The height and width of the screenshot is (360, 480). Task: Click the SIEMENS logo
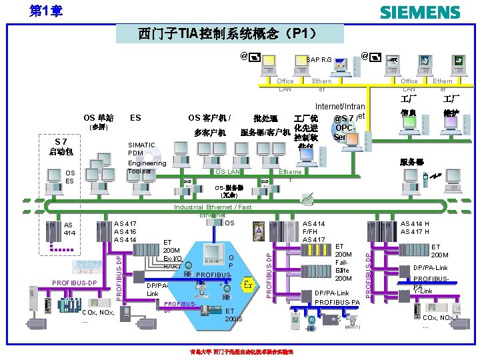click(x=419, y=12)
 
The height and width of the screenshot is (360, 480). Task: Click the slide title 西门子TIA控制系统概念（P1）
click(x=229, y=33)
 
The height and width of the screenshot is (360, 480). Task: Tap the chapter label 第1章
click(x=47, y=11)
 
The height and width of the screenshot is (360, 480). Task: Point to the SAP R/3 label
click(x=319, y=60)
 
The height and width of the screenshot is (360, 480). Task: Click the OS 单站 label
click(x=98, y=118)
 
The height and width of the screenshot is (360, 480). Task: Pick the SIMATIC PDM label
click(x=141, y=149)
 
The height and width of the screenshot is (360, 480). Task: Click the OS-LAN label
click(x=227, y=172)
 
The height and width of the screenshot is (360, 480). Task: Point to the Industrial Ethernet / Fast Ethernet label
click(x=213, y=211)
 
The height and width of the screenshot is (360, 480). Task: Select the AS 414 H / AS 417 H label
click(x=414, y=228)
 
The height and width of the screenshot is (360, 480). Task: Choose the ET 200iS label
click(x=234, y=315)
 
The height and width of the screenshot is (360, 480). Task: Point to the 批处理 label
click(x=265, y=119)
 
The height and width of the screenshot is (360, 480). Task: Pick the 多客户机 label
click(x=210, y=132)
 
